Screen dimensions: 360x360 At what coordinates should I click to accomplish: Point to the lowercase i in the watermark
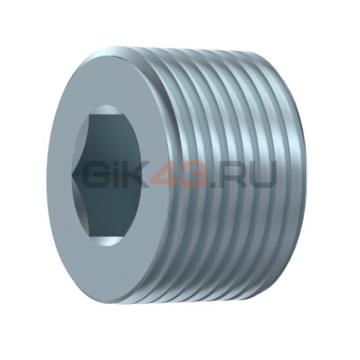point(121,175)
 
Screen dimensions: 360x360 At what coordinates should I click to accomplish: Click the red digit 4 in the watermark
point(166,175)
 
